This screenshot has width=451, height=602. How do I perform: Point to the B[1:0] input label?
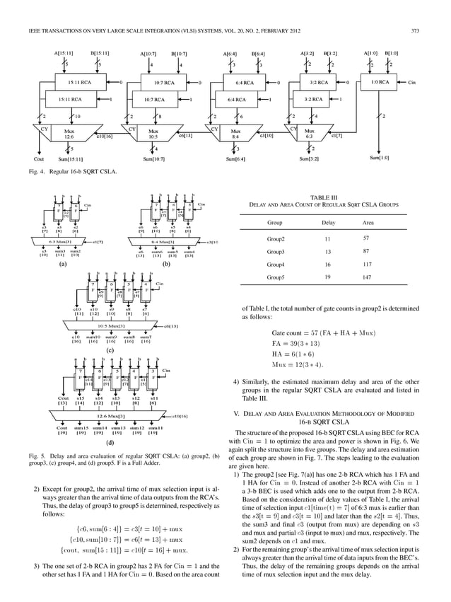(391, 53)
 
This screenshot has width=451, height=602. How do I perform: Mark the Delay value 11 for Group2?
(326, 238)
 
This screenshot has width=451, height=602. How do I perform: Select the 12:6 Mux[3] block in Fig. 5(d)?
(113, 417)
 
